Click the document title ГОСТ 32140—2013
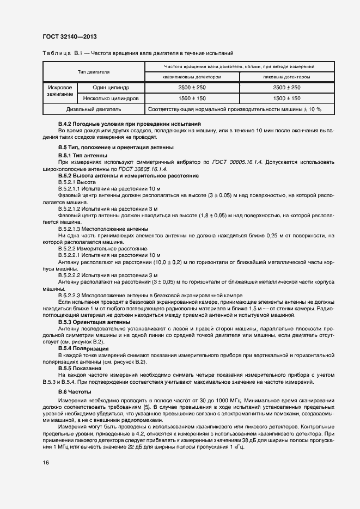click(x=70, y=37)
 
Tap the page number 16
click(x=46, y=462)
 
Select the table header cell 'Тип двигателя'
click(x=94, y=72)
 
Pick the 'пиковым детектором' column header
click(x=286, y=77)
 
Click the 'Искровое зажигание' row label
click(x=60, y=90)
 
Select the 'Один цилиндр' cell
click(x=111, y=87)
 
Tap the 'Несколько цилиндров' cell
click(x=111, y=99)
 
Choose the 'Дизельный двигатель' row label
click(x=94, y=109)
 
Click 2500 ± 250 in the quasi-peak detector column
click(x=192, y=87)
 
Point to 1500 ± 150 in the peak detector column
click(x=286, y=99)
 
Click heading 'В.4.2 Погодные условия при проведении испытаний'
click(x=130, y=125)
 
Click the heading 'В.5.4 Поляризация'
click(x=83, y=347)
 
